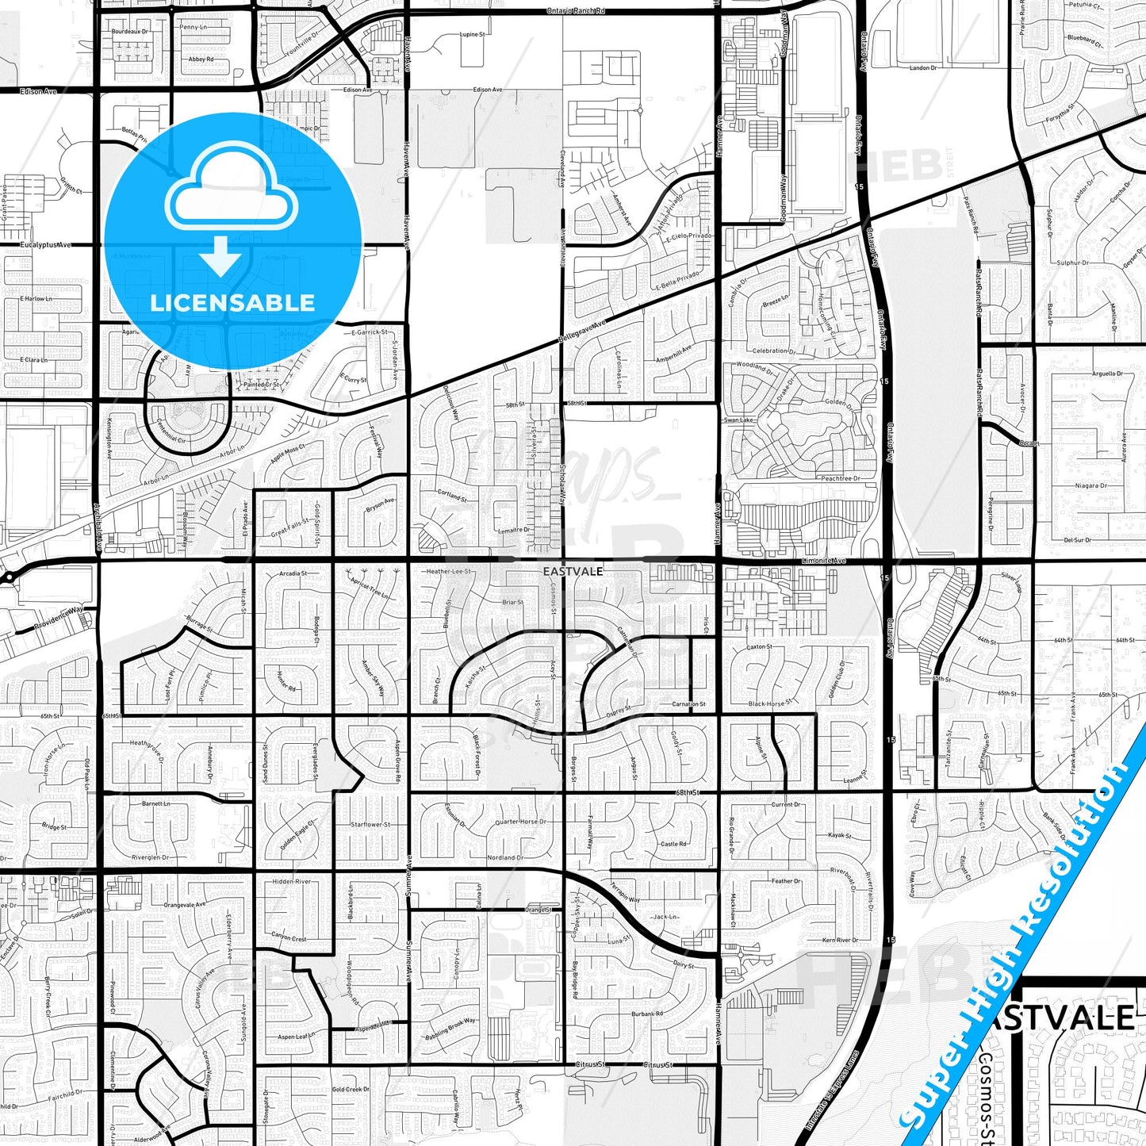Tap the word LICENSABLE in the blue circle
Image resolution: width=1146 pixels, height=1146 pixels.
(232, 302)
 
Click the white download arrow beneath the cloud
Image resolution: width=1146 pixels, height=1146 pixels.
(220, 256)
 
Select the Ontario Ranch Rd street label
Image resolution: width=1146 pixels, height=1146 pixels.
(576, 11)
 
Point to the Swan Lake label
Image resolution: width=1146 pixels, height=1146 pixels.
(738, 420)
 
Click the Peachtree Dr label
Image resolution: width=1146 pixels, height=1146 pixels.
(841, 479)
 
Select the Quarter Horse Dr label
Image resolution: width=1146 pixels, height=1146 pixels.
(520, 822)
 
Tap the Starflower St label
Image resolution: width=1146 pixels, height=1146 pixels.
(370, 825)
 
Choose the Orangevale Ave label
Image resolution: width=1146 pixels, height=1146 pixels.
(184, 904)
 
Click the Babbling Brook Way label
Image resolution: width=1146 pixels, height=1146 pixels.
(450, 1025)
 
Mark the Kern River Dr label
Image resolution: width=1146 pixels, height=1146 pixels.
(841, 940)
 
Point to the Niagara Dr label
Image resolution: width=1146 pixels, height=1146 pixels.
(1091, 485)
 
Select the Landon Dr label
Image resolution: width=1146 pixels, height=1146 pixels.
(923, 68)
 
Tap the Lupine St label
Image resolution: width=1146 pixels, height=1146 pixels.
(472, 35)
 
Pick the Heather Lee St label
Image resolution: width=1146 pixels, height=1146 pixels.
(448, 571)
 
